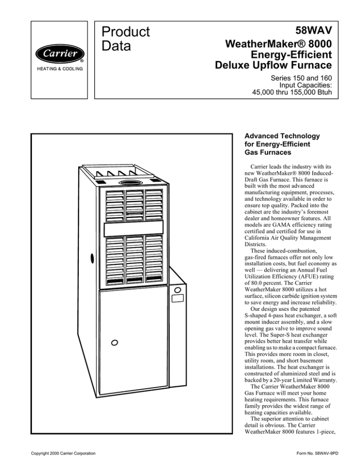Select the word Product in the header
(x=126, y=32)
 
